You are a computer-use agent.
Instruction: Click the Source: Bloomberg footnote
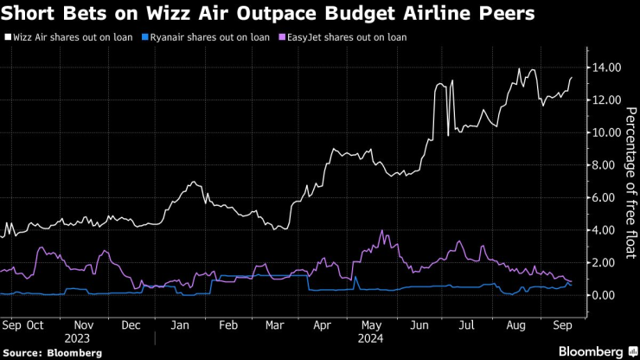point(52,353)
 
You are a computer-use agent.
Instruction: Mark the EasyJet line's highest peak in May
point(381,231)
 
